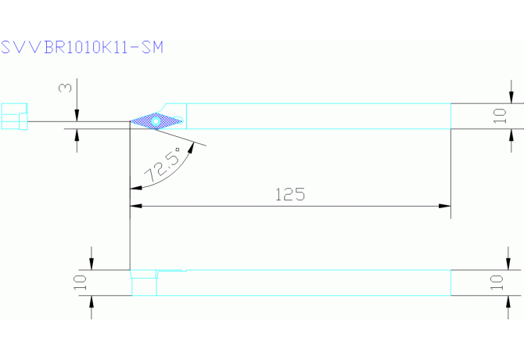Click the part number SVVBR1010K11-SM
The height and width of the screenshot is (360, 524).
coord(82,47)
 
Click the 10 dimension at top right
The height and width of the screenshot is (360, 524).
coord(501,116)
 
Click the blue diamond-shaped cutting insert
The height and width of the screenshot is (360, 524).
coord(156,121)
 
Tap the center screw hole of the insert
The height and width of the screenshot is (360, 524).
coord(156,121)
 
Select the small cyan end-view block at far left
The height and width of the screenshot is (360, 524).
coord(14,117)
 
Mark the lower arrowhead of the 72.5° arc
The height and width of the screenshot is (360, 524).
coord(135,188)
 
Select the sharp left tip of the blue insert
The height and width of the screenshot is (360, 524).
coord(130,121)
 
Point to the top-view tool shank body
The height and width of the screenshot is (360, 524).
coord(313,116)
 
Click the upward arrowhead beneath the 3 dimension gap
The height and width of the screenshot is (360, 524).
coord(77,132)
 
